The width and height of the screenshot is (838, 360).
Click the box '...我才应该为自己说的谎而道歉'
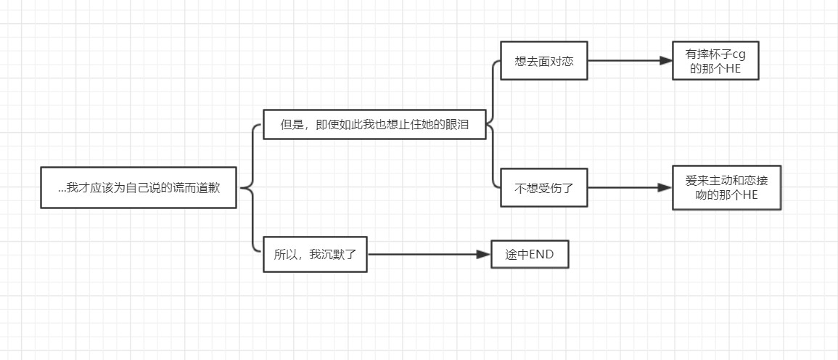point(138,188)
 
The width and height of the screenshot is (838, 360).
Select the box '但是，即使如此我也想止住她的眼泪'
point(374,124)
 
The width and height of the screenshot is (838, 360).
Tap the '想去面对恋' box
point(543,62)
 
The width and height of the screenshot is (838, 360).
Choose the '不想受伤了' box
point(543,188)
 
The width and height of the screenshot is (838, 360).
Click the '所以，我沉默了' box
point(315,254)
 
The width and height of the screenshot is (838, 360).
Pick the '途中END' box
point(529,254)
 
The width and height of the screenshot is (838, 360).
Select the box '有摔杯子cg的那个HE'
point(715,62)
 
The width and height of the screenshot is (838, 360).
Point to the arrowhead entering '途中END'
point(484,254)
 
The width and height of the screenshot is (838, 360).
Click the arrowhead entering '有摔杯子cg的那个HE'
point(666,62)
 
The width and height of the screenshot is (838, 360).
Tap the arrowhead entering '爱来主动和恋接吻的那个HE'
point(665,188)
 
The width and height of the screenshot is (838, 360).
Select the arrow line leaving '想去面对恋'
point(624,62)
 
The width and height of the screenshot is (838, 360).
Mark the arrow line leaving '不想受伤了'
point(624,188)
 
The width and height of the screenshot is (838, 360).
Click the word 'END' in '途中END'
point(541,254)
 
